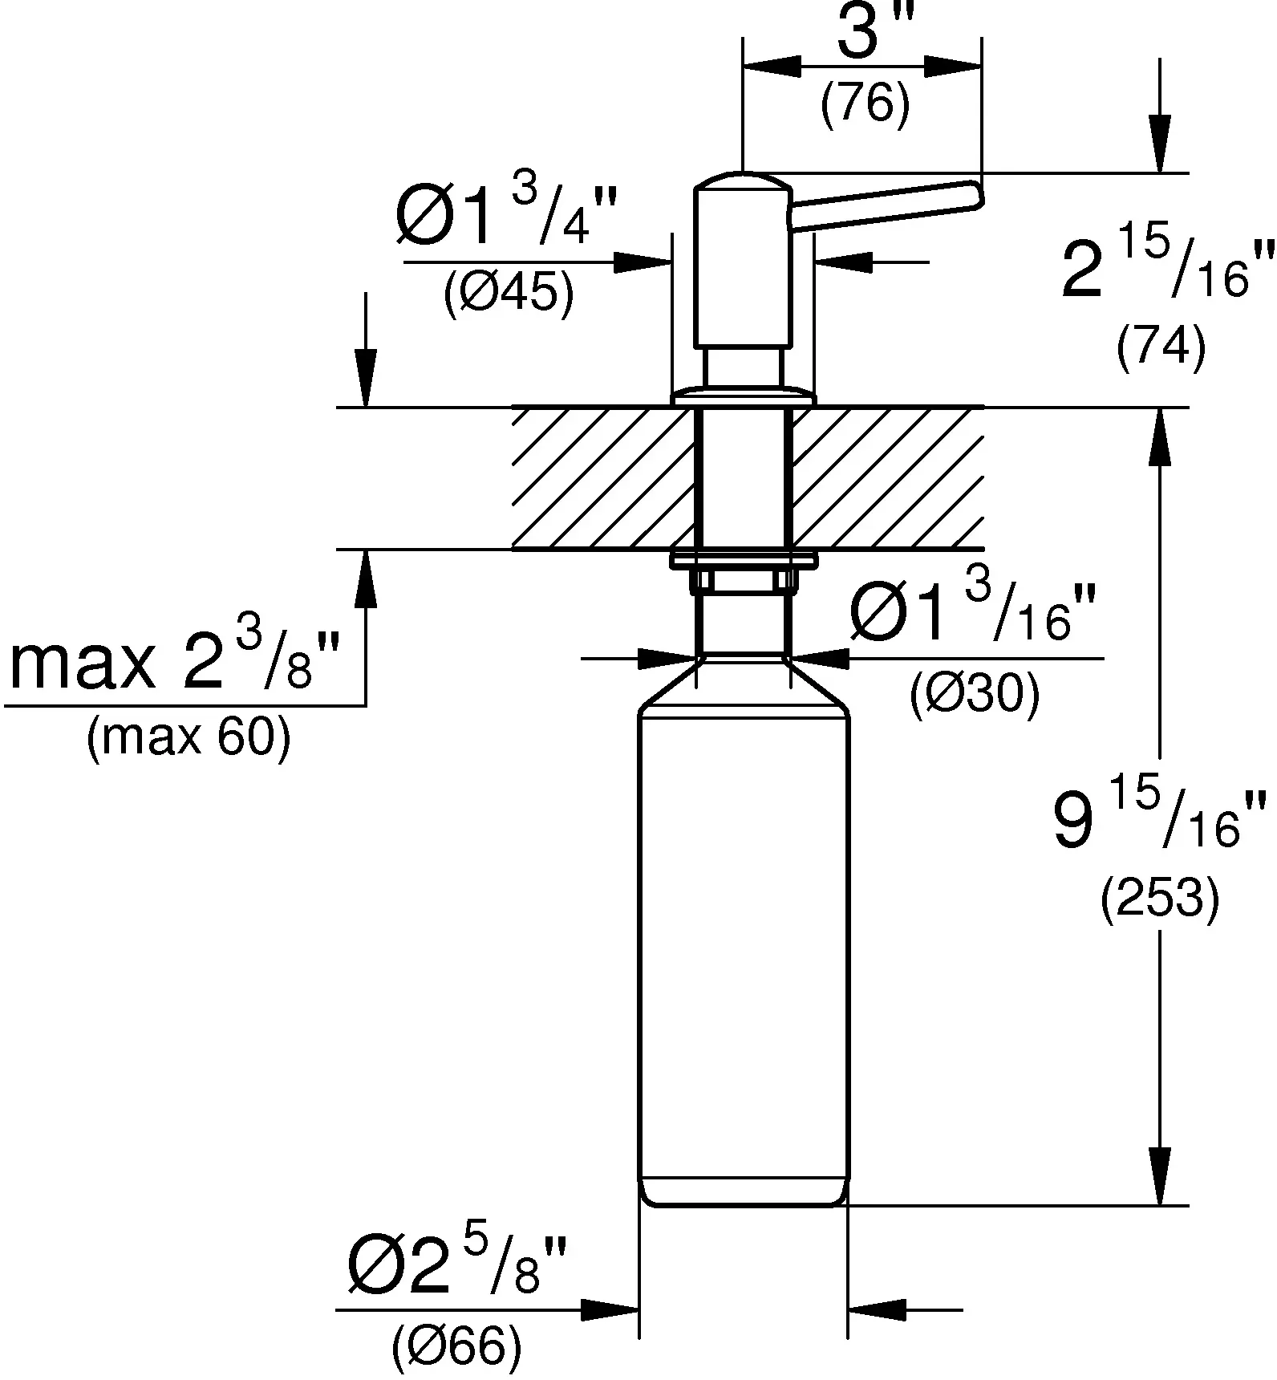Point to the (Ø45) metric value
click(509, 294)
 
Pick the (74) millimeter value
click(1161, 348)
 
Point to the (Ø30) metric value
click(975, 692)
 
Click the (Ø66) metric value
click(457, 1348)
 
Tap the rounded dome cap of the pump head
click(744, 181)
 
